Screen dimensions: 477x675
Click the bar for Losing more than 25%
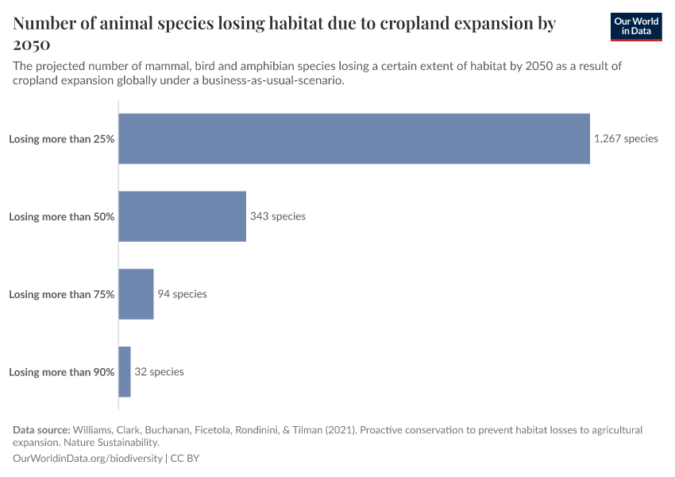point(354,138)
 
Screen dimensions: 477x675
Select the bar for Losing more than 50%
point(182,216)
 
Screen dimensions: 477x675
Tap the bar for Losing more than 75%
point(136,294)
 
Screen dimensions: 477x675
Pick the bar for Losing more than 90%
point(125,372)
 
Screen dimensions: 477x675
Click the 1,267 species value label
point(626,138)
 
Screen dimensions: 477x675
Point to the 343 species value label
point(277,216)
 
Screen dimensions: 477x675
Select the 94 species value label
point(182,294)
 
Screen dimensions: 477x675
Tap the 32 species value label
point(159,372)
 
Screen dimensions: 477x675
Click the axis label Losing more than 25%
point(62,138)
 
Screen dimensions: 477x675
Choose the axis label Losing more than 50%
point(62,216)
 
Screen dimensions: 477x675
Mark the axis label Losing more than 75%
point(62,294)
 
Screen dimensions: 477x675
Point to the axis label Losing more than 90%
point(62,372)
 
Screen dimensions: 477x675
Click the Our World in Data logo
point(635,27)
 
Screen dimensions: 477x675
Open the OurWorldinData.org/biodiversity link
point(87,459)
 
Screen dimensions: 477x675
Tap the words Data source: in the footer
point(41,430)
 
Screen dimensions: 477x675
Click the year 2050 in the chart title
point(32,43)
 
